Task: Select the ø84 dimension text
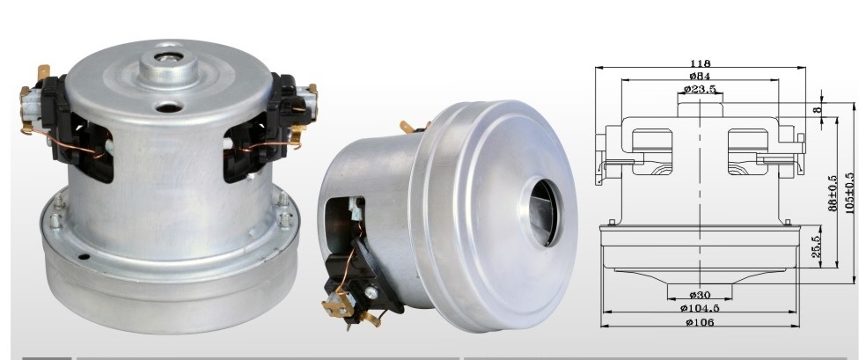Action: point(700,76)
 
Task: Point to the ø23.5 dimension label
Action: point(700,88)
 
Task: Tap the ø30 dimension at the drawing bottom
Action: point(700,296)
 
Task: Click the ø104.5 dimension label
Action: point(701,308)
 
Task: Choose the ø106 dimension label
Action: point(700,322)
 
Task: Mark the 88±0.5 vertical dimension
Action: point(833,193)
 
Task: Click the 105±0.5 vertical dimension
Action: point(850,193)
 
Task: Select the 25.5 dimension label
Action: point(815,247)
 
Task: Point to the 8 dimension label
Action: point(818,110)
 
